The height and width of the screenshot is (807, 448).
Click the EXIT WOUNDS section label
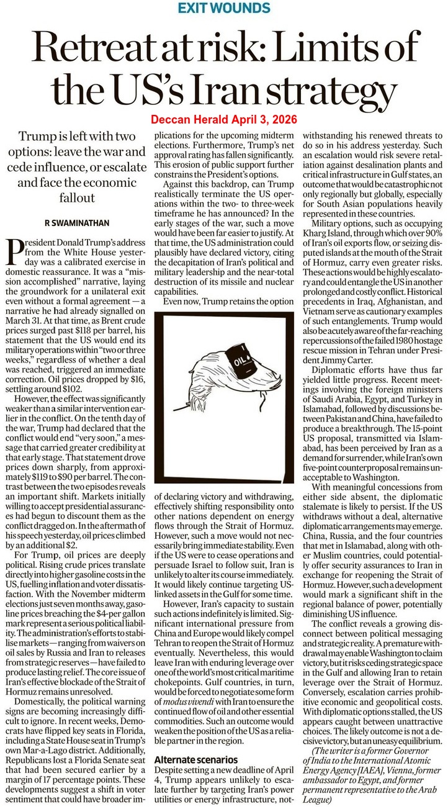pyautogui.click(x=224, y=8)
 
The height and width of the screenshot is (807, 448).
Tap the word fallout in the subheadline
pyautogui.click(x=78, y=197)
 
